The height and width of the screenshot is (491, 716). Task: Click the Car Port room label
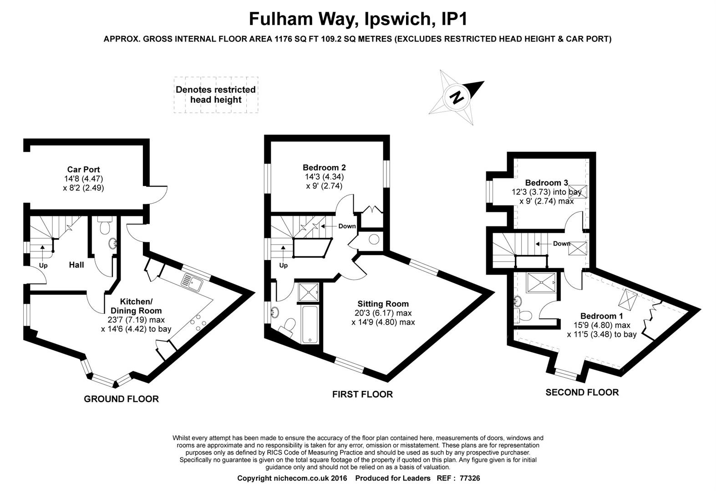tap(83, 170)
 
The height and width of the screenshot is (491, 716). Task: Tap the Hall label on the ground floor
tap(76, 265)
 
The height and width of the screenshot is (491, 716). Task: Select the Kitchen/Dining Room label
tap(136, 306)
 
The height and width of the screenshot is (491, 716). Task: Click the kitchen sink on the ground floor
tap(192, 282)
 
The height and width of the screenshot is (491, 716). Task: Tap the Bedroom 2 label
tap(324, 168)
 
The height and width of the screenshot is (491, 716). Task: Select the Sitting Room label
tap(383, 304)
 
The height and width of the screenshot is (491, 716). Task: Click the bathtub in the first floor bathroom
tap(310, 324)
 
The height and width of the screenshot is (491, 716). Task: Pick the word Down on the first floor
tap(347, 226)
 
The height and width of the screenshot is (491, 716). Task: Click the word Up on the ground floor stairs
tap(43, 266)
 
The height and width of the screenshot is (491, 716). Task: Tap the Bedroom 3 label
tap(547, 183)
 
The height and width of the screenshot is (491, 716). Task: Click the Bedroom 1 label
tap(602, 316)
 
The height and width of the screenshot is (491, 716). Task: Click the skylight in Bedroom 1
tap(628, 299)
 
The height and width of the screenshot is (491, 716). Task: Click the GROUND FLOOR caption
tap(121, 399)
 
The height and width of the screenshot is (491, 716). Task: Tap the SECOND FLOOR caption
tap(582, 392)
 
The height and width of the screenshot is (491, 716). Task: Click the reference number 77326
tap(470, 478)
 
